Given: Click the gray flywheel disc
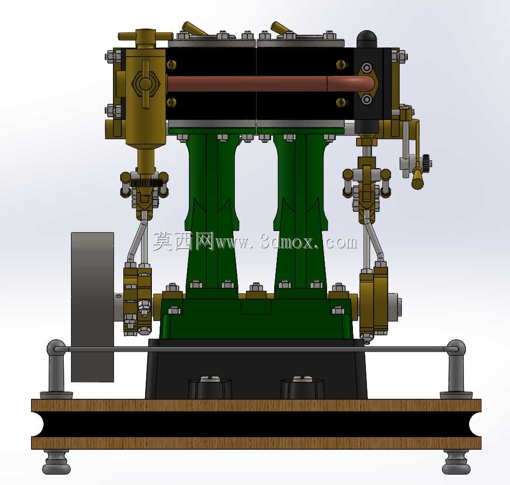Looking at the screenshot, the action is (x=92, y=307).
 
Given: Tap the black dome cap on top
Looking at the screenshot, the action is (x=367, y=39).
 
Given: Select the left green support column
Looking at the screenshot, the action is (x=212, y=212).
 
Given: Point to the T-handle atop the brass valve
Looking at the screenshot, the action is (x=145, y=36).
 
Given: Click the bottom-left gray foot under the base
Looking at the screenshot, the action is (x=56, y=462).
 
